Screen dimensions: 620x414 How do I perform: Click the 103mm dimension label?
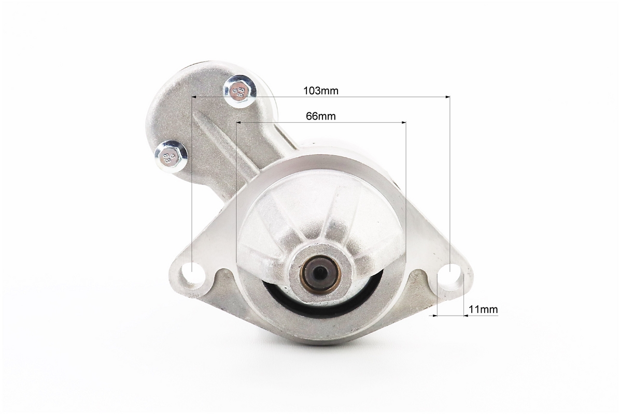pyautogui.click(x=321, y=91)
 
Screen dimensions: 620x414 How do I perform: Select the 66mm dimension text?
pyautogui.click(x=321, y=116)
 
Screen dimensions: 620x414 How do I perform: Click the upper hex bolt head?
pyautogui.click(x=239, y=91)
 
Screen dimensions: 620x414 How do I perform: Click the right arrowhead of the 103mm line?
pyautogui.click(x=447, y=97)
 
